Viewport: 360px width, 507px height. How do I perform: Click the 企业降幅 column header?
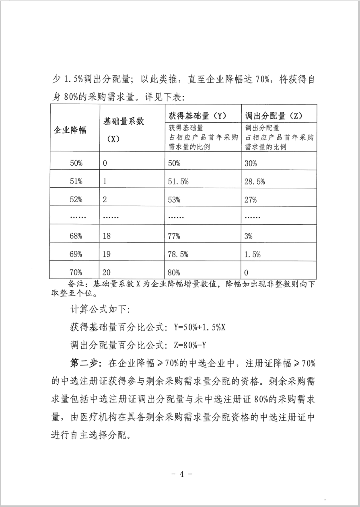(x=70, y=130)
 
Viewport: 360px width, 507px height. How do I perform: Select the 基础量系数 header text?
(x=124, y=121)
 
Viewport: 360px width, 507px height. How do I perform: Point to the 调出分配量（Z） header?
(x=274, y=116)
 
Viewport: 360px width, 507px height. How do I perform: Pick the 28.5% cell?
(x=255, y=181)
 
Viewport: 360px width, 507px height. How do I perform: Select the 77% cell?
(x=174, y=236)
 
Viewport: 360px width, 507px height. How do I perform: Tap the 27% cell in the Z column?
(x=251, y=199)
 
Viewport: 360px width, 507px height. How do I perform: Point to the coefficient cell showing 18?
(x=107, y=236)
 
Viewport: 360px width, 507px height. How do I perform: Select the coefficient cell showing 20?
(x=107, y=272)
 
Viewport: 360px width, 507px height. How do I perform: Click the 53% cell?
(x=174, y=199)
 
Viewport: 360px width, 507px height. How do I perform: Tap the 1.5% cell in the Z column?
(x=253, y=254)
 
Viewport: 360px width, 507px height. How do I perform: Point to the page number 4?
(x=181, y=474)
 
